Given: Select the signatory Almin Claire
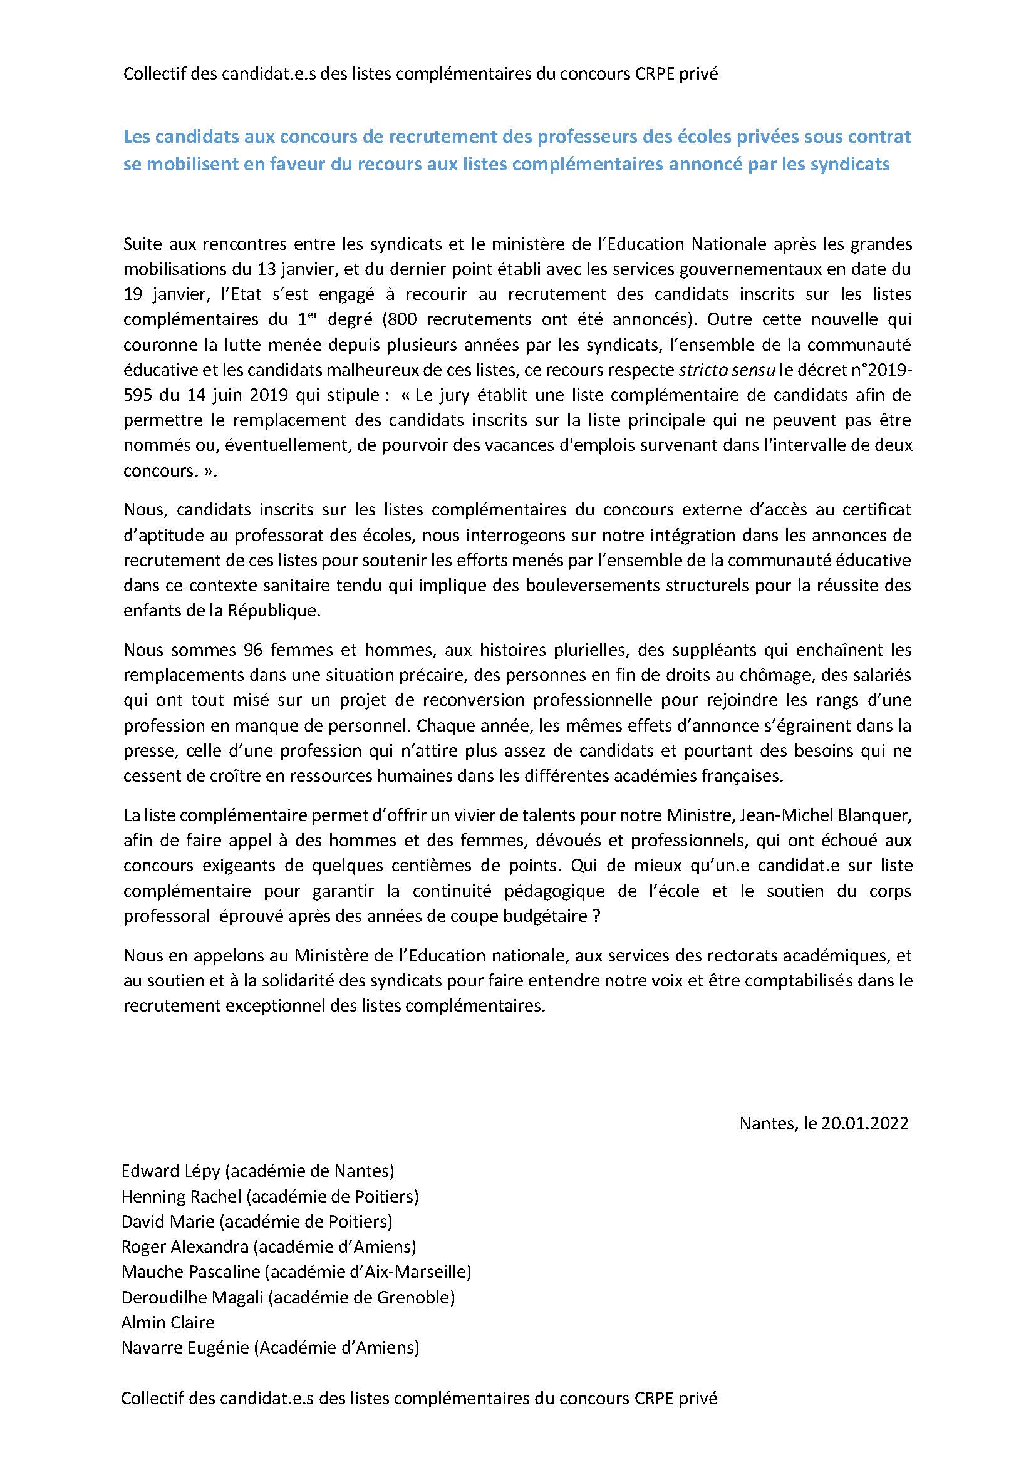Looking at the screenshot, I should click(168, 1322).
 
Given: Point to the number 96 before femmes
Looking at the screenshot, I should click(254, 650).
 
